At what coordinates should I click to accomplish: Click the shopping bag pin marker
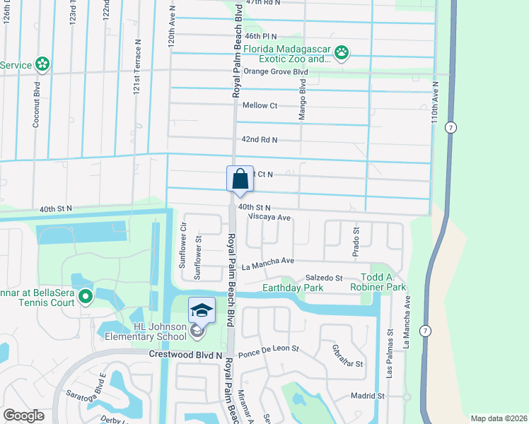240,178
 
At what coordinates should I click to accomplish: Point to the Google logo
23,416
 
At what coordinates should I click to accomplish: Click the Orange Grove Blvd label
276,72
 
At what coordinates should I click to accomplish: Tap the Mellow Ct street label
260,105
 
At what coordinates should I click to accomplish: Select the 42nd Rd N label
259,140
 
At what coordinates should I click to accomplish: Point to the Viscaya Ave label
269,218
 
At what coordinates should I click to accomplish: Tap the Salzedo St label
323,278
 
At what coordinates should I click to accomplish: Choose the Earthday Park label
293,288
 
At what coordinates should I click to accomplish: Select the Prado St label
356,241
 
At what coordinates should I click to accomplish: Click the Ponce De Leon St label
269,349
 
